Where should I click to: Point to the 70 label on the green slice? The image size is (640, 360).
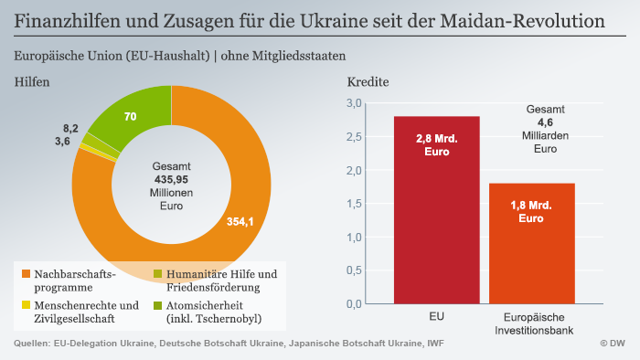point(130,116)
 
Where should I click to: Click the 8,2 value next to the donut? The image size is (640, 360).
point(70,128)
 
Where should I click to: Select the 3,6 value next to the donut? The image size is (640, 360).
point(63,141)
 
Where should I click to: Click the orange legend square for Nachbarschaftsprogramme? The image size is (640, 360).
point(24,274)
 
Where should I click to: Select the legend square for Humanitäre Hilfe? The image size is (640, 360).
point(157,274)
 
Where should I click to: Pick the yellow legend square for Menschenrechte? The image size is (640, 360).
point(24,305)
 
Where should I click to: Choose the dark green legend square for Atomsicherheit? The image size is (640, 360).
point(157,305)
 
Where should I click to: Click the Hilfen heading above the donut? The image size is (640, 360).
point(32,81)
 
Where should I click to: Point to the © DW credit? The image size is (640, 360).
point(612,344)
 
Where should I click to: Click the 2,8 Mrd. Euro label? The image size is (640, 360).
point(436,145)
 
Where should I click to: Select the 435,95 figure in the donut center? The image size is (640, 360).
point(171,180)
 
